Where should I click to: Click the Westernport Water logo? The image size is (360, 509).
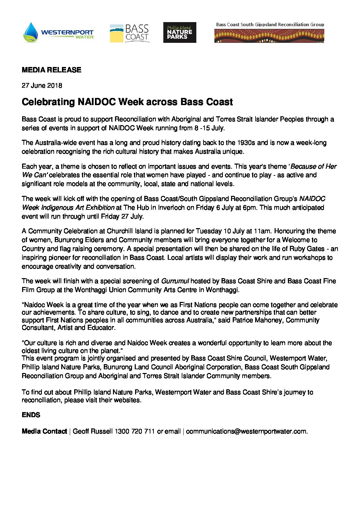click(59, 33)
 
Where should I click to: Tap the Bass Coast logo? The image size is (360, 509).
click(130, 33)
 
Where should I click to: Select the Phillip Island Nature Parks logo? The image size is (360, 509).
click(180, 33)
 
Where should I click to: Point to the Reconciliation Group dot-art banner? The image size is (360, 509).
click(269, 36)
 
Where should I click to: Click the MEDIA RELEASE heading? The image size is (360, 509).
click(51, 70)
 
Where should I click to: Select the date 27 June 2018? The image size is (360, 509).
click(42, 86)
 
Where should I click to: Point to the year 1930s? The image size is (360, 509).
click(246, 143)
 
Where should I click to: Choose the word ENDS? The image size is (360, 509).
click(31, 415)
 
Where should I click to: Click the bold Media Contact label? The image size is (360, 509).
click(44, 431)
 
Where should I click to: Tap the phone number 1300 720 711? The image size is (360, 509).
click(135, 431)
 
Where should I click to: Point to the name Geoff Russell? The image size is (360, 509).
click(93, 431)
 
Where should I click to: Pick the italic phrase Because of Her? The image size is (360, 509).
click(313, 167)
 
